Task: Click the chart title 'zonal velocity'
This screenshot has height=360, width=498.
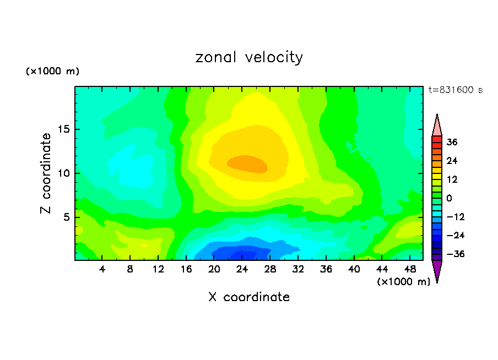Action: pyautogui.click(x=249, y=57)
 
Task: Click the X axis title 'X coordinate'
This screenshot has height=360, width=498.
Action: pyautogui.click(x=249, y=297)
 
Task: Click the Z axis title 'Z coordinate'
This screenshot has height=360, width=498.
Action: pyautogui.click(x=46, y=173)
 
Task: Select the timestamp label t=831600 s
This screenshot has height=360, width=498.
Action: pyautogui.click(x=455, y=90)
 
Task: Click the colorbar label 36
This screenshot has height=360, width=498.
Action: pyautogui.click(x=452, y=142)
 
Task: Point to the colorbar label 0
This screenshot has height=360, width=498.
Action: pyautogui.click(x=449, y=198)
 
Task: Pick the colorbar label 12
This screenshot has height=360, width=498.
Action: pyautogui.click(x=452, y=179)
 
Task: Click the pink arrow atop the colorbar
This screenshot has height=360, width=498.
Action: pyautogui.click(x=437, y=126)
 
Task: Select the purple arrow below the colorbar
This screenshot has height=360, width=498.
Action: pyautogui.click(x=437, y=271)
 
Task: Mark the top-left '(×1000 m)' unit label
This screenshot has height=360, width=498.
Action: pyautogui.click(x=52, y=72)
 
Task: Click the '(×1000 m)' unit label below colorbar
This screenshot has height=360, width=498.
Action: pyautogui.click(x=403, y=282)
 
